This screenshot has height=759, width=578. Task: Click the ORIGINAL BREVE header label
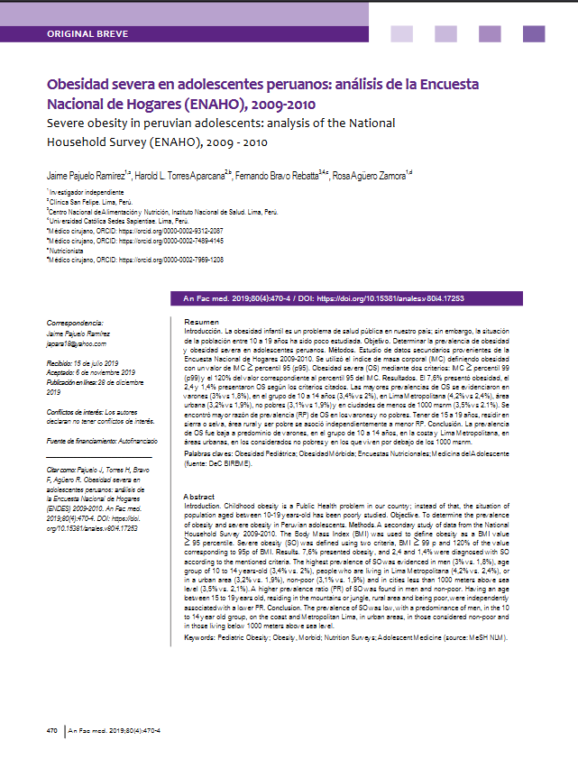pos(87,34)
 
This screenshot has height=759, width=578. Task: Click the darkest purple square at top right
pos(534,34)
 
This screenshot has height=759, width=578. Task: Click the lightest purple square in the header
pos(401,34)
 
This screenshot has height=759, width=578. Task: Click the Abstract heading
pos(199,497)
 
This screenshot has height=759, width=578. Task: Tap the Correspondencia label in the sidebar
pos(75,322)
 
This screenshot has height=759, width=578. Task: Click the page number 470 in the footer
pos(52,729)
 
